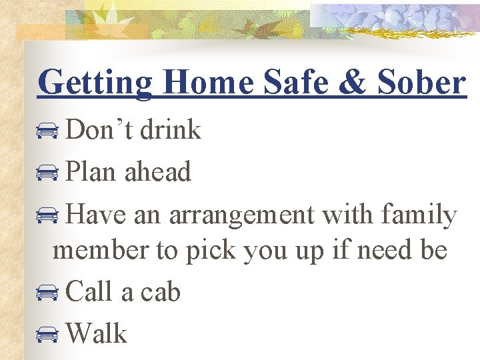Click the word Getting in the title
(95, 83)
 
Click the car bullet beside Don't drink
(47, 131)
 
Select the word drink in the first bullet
(171, 129)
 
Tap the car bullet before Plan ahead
(47, 173)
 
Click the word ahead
(157, 172)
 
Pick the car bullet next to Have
(47, 216)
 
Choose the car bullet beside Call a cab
(47, 293)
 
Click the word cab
(160, 291)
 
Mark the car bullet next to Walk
(47, 334)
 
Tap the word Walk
(97, 333)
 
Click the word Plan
(91, 172)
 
